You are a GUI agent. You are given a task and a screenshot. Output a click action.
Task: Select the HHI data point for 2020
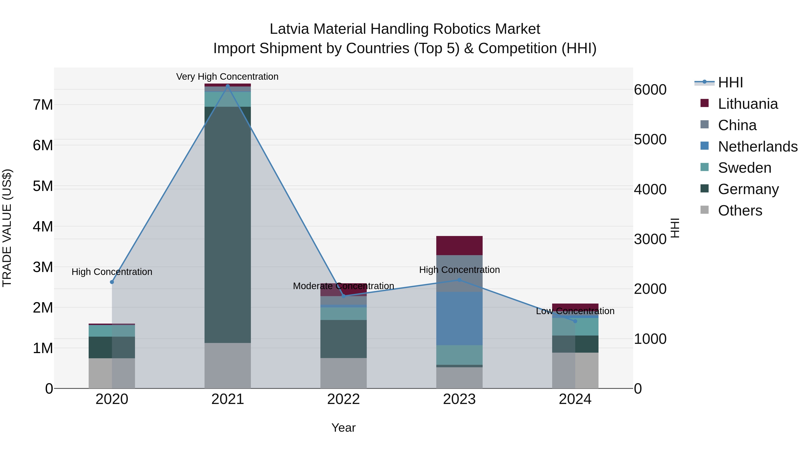point(112,282)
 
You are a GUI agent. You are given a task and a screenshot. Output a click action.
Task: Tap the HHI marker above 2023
point(459,280)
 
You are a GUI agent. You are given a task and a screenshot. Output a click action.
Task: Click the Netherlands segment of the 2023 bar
point(459,318)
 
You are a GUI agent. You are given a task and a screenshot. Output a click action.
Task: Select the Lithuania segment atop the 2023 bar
point(459,245)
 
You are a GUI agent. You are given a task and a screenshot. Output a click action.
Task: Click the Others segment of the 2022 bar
point(343,373)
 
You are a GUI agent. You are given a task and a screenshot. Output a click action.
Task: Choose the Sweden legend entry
point(744,168)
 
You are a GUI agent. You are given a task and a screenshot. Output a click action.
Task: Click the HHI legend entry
point(730,82)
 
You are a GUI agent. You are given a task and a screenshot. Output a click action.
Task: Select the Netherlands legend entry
point(758,147)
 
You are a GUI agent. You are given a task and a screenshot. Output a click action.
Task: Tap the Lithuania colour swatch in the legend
point(705,103)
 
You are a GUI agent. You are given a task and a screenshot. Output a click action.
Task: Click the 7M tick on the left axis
point(43,105)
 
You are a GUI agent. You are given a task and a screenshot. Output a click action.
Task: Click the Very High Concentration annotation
point(227,77)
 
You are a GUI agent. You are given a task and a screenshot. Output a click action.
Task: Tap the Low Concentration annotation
point(575,311)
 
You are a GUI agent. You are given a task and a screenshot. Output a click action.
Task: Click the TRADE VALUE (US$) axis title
point(7,228)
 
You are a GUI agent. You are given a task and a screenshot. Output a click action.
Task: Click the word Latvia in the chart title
point(289,29)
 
